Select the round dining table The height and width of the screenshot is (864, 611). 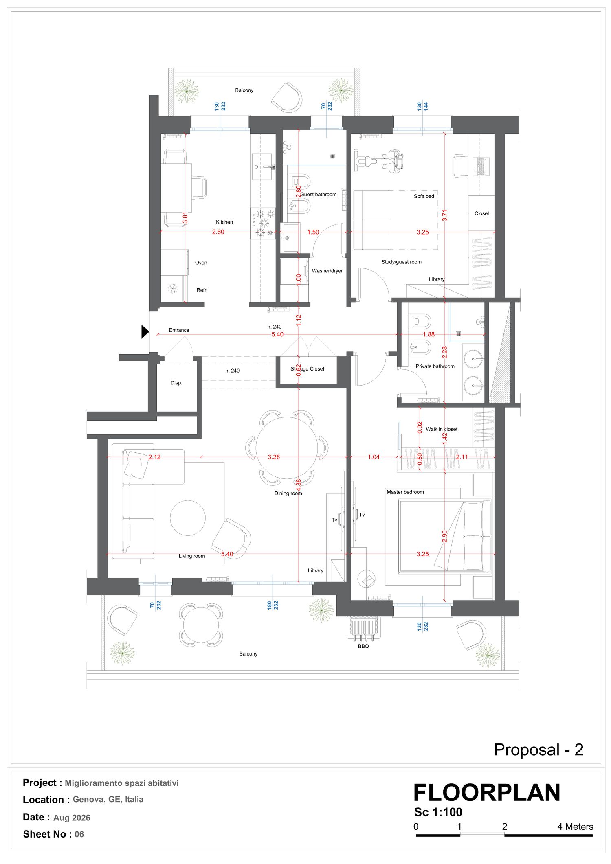[287, 447]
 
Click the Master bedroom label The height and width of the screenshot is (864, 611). [405, 492]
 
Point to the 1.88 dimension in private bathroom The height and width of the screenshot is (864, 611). [429, 334]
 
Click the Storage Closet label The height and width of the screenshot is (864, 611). [307, 369]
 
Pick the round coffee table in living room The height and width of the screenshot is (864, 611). [188, 518]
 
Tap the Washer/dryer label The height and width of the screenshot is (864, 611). [327, 271]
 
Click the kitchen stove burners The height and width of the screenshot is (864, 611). [263, 223]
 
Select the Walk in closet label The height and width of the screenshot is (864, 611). [442, 429]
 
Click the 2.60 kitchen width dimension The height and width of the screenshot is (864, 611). [218, 232]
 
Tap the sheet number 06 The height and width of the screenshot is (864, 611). [79, 834]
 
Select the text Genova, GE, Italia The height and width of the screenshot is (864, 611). [108, 799]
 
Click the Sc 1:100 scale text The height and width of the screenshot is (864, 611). [438, 812]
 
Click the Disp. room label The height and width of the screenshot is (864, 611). [176, 383]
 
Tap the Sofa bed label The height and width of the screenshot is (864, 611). [424, 196]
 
